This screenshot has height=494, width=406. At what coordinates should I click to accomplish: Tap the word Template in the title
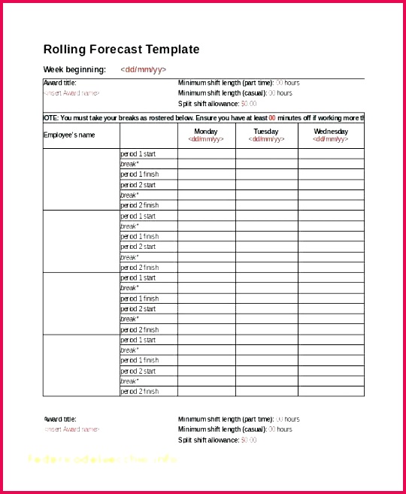[172, 50]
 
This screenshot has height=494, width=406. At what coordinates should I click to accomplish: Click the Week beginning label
[74, 70]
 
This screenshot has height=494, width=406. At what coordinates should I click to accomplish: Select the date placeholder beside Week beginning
[143, 70]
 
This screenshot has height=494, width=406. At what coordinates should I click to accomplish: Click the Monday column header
[205, 132]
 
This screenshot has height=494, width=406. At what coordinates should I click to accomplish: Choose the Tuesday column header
[266, 132]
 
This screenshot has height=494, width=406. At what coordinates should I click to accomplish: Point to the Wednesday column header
[331, 132]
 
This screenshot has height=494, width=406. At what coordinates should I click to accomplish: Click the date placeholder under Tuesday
[266, 139]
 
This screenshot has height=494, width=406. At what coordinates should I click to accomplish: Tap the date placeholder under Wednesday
[331, 139]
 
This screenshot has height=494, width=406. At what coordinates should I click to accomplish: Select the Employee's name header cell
[70, 135]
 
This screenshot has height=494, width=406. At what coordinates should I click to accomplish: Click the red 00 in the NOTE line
[272, 117]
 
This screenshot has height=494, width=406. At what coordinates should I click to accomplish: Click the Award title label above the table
[60, 83]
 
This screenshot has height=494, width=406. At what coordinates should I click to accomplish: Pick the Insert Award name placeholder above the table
[72, 93]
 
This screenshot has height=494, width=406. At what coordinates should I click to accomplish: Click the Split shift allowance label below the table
[208, 440]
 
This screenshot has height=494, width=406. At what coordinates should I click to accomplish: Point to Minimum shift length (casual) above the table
[225, 93]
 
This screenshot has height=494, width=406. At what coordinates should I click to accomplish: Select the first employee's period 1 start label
[138, 153]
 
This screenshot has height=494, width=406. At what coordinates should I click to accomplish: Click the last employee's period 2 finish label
[140, 391]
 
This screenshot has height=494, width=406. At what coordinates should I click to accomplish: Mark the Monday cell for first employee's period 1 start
[206, 153]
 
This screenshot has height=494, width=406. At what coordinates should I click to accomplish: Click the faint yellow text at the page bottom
[102, 459]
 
